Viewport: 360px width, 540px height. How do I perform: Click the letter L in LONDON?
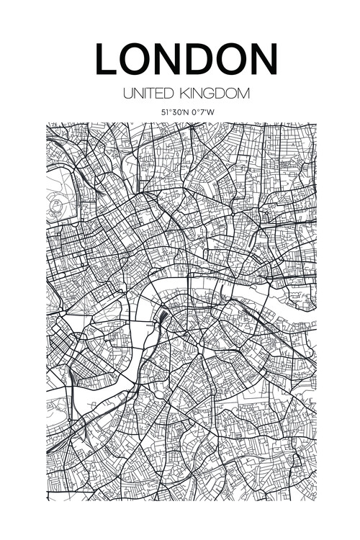(107, 60)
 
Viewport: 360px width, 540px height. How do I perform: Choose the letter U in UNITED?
(127, 94)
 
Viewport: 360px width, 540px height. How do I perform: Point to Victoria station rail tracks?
(72, 378)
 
